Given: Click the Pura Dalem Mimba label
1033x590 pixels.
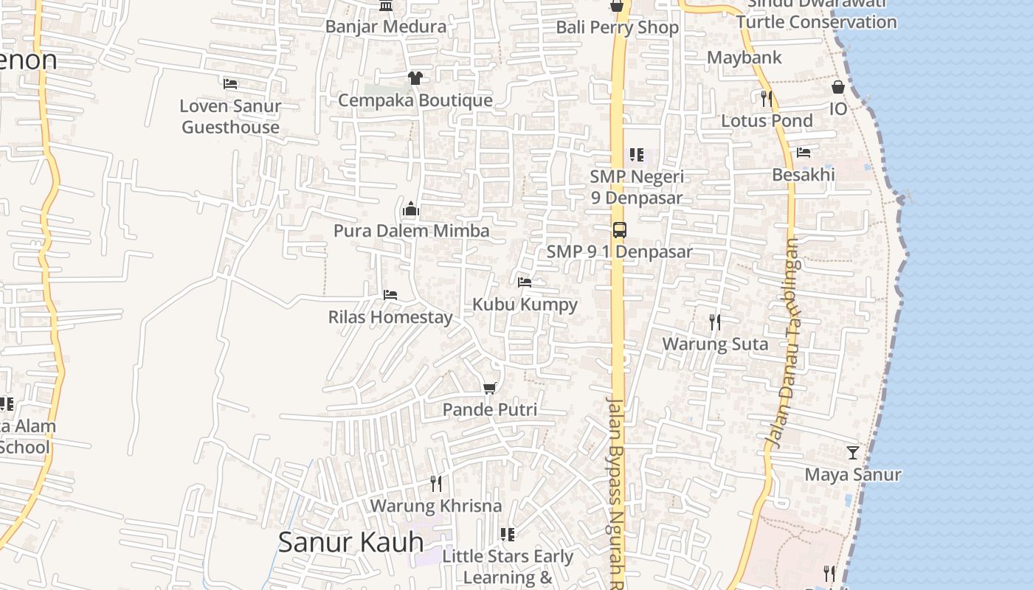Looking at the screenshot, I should point(411,231).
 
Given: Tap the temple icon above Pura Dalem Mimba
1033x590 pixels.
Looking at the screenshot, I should point(411,209).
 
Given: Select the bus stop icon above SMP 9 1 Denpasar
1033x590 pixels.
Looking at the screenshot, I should point(619,230).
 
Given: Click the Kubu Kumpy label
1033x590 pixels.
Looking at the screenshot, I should point(525,304).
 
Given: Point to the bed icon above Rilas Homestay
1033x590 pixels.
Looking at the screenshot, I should point(390,295).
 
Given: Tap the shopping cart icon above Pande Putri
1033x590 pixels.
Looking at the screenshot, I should point(489,388).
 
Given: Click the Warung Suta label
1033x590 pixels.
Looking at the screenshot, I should point(715,344).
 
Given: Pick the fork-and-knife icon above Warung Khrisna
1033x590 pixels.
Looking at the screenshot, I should point(436,484).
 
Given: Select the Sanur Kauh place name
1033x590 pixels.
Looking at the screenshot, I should point(350,542).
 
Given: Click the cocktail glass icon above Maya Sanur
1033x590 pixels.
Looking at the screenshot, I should point(853,452).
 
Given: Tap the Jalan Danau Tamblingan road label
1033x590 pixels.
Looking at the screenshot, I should point(783,343).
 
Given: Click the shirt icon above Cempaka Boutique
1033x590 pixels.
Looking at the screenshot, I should point(415,78).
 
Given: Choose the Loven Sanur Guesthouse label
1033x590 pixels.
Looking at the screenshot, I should point(230,117).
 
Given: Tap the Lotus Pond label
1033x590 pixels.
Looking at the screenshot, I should point(767,121).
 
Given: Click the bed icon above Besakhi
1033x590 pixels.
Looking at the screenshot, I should point(804,153).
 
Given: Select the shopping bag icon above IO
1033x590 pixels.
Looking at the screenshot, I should point(838,87).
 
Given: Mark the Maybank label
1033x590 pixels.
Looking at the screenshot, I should point(744,58).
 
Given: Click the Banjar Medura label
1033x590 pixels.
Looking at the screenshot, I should point(386,27).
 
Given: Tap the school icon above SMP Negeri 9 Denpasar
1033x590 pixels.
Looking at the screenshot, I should point(636,155).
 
